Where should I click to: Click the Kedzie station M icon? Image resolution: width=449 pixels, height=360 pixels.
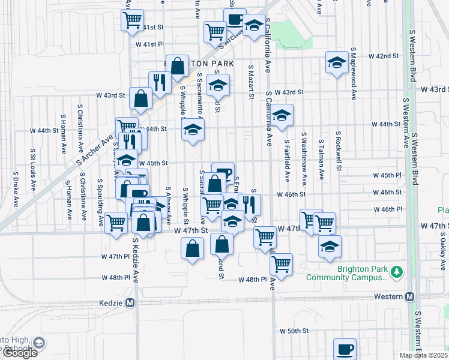(x=130, y=303)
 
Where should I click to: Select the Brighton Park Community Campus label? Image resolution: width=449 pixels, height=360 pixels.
(x=347, y=273)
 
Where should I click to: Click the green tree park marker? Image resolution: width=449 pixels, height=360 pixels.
(x=396, y=273)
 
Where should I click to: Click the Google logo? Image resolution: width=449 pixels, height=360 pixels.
(x=20, y=353)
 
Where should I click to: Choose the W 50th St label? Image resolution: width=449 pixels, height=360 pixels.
(x=294, y=331)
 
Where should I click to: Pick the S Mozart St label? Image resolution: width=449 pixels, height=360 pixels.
(x=250, y=83)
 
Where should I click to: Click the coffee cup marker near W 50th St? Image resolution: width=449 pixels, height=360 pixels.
(x=345, y=349)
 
